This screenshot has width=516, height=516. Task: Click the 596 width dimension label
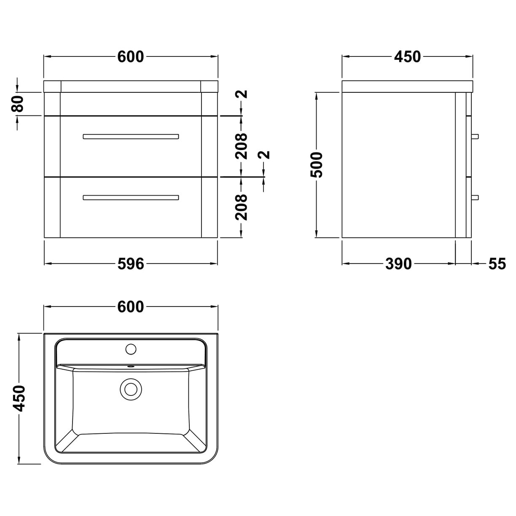click(x=131, y=264)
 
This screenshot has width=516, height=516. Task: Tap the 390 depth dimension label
click(x=398, y=264)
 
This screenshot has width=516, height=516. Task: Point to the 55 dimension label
click(x=497, y=264)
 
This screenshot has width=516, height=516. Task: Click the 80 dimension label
click(x=17, y=104)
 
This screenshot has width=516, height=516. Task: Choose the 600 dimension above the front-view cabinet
click(x=131, y=56)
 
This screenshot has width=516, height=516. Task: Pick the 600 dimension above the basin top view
click(x=131, y=307)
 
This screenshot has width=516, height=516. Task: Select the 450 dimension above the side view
click(x=407, y=56)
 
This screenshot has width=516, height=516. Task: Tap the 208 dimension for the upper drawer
click(x=241, y=146)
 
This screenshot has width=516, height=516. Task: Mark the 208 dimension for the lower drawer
click(x=241, y=207)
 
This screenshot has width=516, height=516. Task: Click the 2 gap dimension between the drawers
click(x=264, y=155)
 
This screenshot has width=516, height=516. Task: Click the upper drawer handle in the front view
click(x=131, y=136)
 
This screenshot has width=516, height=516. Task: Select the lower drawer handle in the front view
click(x=131, y=197)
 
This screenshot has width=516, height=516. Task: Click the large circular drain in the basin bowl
click(x=131, y=389)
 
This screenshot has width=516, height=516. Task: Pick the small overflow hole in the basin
click(x=131, y=366)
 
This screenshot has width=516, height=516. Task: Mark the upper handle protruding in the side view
click(x=475, y=136)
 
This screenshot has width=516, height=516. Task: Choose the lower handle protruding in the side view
click(x=475, y=197)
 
